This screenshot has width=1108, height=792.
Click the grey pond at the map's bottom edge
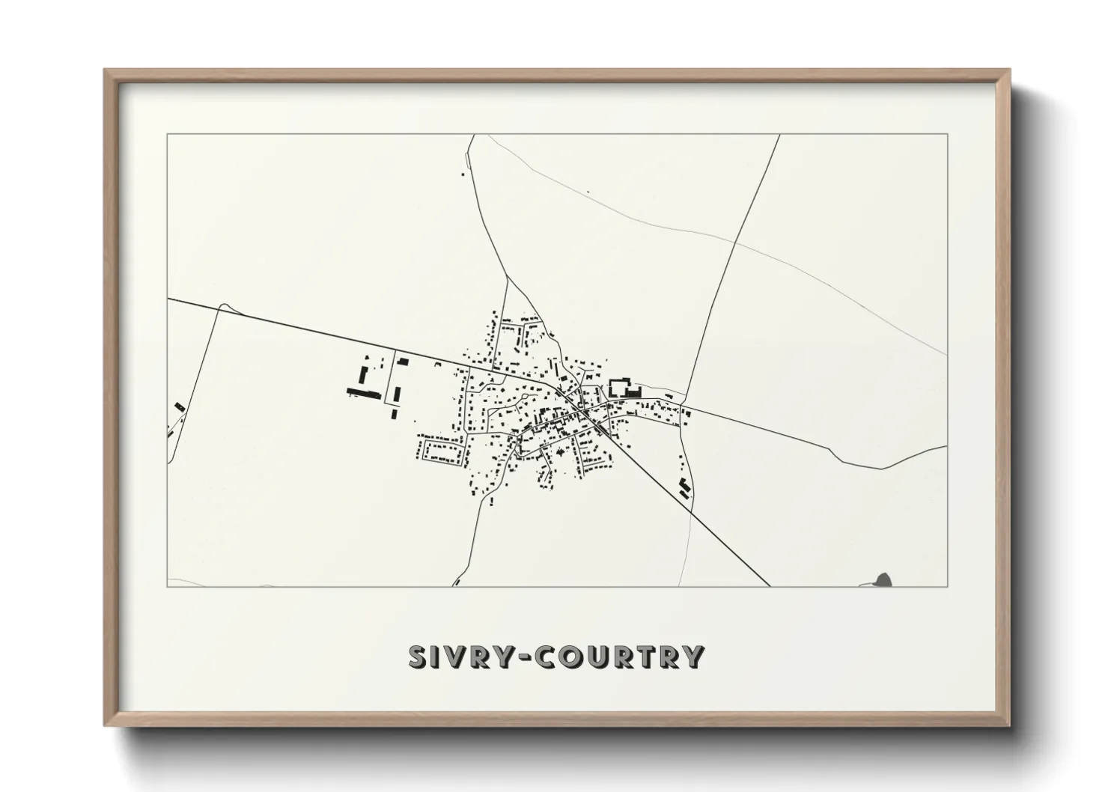tap(884, 579)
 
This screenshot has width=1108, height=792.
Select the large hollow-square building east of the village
tap(621, 388)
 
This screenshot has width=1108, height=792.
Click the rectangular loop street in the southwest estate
tap(444, 450)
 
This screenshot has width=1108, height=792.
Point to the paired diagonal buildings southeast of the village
tap(684, 487)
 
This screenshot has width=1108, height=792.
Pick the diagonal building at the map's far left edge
tap(179, 406)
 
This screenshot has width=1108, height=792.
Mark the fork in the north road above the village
tap(508, 278)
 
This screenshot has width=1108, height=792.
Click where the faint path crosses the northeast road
tap(734, 241)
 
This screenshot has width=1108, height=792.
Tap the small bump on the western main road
tap(223, 305)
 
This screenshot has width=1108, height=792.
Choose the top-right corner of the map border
tap(948, 134)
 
